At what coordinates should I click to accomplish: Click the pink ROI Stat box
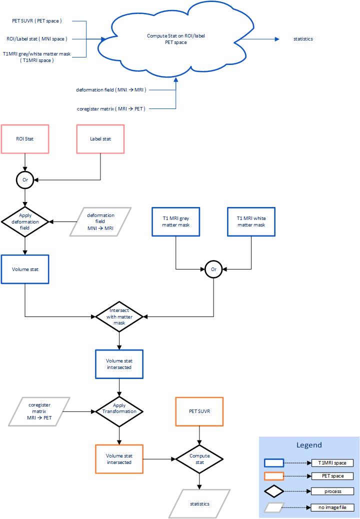25,138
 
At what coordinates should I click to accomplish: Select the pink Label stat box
100,138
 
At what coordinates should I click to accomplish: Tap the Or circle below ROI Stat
25,179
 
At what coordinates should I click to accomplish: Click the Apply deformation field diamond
25,220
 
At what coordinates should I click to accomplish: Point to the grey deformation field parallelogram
100,220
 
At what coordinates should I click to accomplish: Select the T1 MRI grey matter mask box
175,221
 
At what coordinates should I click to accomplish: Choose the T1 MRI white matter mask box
251,221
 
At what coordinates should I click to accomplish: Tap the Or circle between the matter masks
213,269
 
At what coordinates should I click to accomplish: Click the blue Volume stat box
25,269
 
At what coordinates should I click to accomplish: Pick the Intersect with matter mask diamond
119,316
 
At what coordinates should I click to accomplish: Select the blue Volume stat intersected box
119,363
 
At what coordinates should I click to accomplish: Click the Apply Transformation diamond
119,411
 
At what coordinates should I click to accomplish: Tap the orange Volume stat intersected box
119,458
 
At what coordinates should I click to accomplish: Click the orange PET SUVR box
199,411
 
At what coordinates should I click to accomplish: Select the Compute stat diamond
199,458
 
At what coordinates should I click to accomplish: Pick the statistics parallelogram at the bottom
199,503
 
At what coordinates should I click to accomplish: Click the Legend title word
309,445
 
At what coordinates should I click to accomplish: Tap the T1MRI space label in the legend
332,463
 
